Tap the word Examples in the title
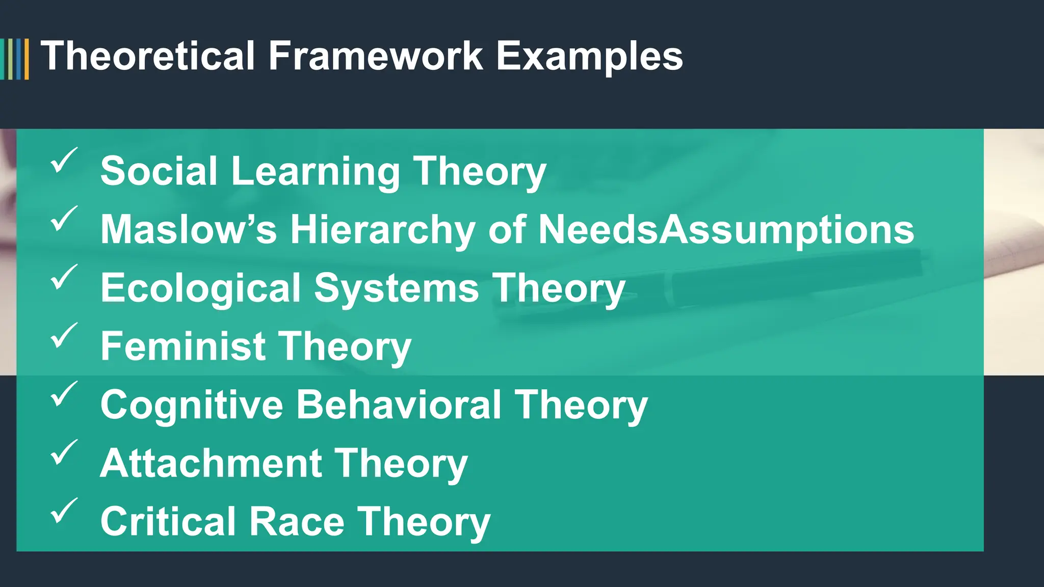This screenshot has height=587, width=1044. point(589,57)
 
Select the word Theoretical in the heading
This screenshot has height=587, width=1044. point(148,56)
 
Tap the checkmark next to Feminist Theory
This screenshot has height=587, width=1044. point(64,335)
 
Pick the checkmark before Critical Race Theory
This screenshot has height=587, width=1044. point(64,511)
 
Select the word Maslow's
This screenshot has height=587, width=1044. point(189,230)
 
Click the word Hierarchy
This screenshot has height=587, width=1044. point(383,230)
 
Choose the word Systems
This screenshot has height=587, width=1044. point(397,289)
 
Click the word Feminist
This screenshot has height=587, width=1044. point(182,346)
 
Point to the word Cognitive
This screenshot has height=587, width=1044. point(192,406)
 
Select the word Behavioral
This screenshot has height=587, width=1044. point(399,406)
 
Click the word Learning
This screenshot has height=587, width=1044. point(316,172)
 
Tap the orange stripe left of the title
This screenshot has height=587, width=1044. point(27,59)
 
